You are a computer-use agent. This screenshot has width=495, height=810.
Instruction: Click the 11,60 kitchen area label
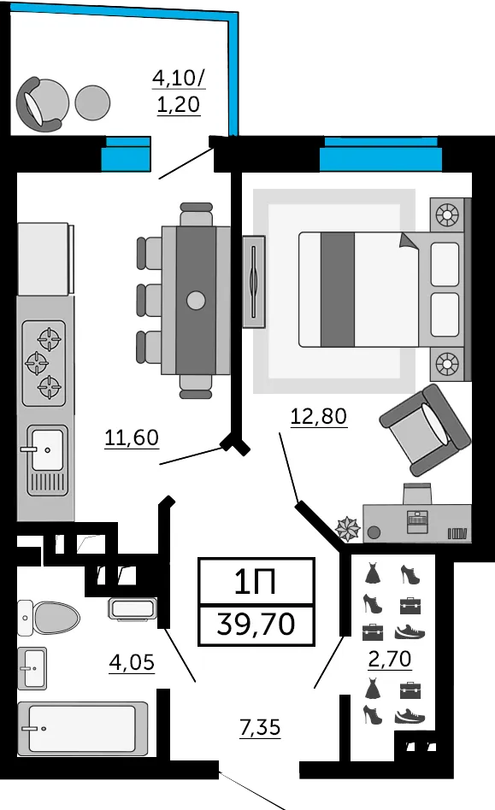[132, 438]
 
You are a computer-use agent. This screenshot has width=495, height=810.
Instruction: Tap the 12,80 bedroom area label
[318, 416]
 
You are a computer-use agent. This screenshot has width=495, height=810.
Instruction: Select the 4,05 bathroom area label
[132, 662]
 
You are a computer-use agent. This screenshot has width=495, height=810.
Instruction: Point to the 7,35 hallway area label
[260, 727]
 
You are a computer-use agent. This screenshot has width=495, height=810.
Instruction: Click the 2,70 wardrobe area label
[390, 659]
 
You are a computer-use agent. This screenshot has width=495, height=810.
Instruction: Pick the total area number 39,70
[256, 624]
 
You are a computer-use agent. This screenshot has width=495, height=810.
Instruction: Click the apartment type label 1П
[255, 582]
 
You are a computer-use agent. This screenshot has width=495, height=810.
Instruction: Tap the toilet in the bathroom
[49, 618]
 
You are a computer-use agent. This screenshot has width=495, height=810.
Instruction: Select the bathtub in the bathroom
[83, 728]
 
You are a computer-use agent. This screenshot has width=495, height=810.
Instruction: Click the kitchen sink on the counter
[47, 460]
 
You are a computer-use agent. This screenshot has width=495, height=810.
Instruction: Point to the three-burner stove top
[44, 363]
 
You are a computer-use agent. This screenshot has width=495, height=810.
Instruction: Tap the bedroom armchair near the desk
[425, 429]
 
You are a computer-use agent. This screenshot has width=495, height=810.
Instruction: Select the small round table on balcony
[92, 103]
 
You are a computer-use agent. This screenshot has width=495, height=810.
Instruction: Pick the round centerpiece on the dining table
[196, 300]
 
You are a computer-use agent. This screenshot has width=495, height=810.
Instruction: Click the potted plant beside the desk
[348, 529]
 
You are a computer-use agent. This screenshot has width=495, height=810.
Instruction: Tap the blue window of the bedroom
[380, 154]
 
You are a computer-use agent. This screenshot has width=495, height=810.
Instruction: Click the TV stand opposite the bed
[254, 282]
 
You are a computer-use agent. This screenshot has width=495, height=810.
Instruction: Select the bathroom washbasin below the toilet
[32, 668]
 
